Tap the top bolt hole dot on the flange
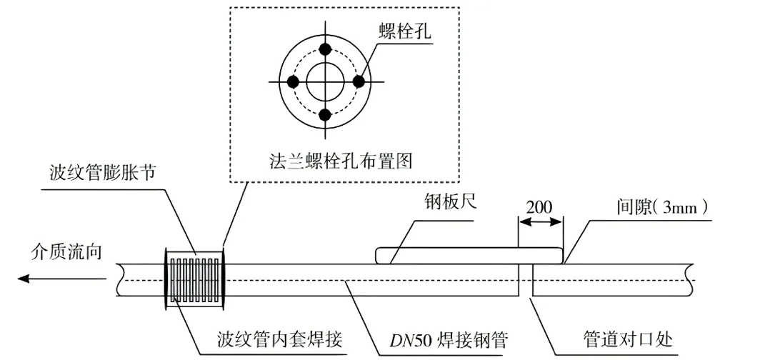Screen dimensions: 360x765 [x=326, y=49]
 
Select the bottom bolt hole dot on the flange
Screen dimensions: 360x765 [x=326, y=114]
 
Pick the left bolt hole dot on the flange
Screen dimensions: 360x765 [x=293, y=81]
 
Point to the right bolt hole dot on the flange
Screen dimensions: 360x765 [x=359, y=81]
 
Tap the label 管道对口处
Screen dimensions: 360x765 [x=626, y=339]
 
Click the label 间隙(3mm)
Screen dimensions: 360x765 [x=663, y=207]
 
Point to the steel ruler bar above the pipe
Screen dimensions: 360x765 [x=469, y=256]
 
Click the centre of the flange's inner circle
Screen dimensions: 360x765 [x=326, y=81]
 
